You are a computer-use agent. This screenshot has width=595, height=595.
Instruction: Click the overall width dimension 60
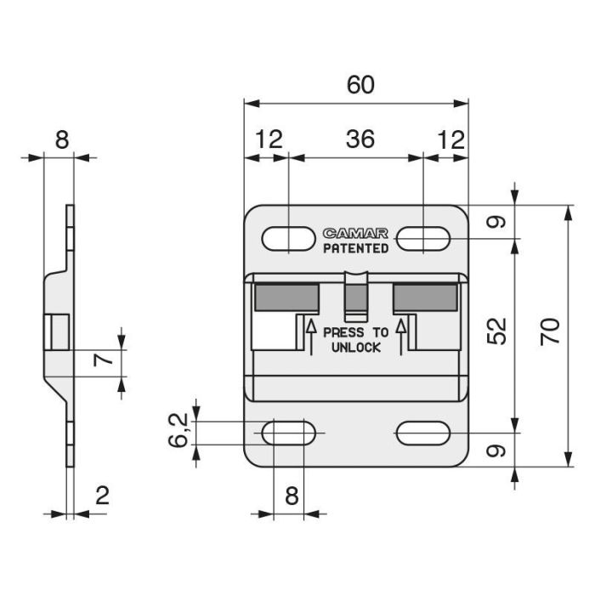click(360, 85)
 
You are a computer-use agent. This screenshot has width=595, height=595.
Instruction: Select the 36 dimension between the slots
click(360, 139)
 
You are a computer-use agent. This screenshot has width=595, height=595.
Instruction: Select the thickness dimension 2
click(102, 496)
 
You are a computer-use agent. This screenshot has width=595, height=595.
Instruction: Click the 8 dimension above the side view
click(61, 139)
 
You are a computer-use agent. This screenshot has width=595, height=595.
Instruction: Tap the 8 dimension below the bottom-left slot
click(292, 496)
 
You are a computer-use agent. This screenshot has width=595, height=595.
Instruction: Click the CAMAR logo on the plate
click(355, 233)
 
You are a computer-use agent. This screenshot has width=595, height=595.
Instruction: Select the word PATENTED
click(355, 248)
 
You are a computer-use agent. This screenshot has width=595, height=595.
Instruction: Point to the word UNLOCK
click(355, 348)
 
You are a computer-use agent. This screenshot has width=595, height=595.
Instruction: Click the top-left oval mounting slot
click(287, 239)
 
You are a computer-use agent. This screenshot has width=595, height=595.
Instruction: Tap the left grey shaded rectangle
click(286, 297)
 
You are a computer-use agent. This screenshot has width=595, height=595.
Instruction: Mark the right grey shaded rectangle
click(425, 297)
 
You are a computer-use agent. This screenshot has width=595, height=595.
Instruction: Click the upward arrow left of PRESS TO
click(310, 336)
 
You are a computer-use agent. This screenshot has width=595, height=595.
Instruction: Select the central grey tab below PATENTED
click(355, 295)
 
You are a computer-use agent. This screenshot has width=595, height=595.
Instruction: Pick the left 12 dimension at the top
click(269, 139)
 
